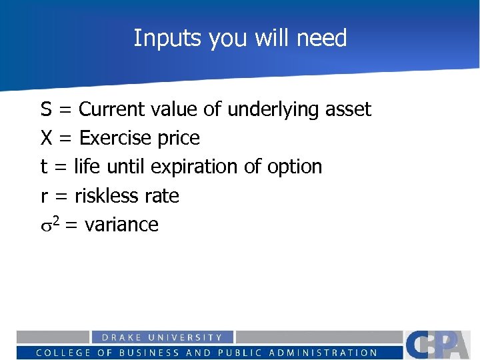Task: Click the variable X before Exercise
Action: click(x=47, y=138)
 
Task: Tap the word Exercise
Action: click(x=115, y=138)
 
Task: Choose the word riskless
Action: click(x=105, y=196)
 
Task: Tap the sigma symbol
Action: click(x=46, y=225)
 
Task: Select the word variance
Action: click(x=121, y=225)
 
